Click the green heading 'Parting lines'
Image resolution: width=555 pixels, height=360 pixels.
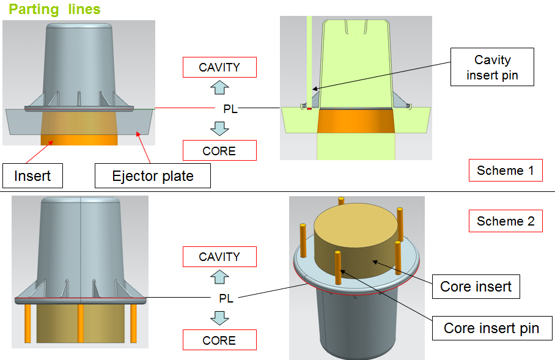pos(54,10)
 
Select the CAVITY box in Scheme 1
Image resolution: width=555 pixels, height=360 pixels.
pos(219,67)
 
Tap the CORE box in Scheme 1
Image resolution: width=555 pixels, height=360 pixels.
pos(219,150)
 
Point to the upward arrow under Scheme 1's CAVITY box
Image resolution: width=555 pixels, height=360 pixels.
pos(219,87)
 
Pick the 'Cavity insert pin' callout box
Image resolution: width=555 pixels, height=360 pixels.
pos(493,67)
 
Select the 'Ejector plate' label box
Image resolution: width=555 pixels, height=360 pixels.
pos(153,177)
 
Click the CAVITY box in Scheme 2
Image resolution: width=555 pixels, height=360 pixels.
pos(219,257)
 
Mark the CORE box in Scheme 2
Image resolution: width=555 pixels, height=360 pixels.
pos(219,340)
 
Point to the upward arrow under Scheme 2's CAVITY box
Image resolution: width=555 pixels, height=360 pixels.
pos(219,277)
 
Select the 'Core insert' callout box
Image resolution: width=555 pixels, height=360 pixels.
pos(476,286)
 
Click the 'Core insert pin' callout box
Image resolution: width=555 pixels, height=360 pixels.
pos(491,328)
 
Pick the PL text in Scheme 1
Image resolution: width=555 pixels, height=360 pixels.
pos(229,109)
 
